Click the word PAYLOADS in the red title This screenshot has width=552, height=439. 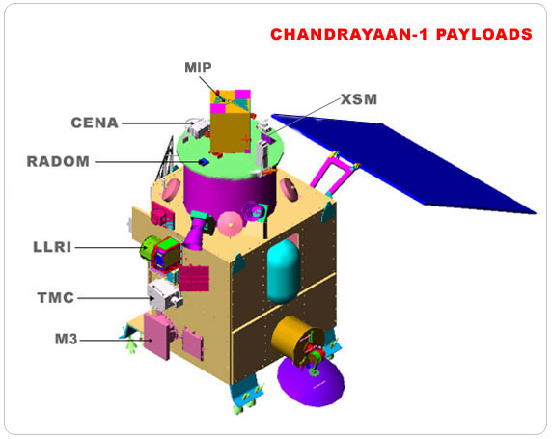click(484, 34)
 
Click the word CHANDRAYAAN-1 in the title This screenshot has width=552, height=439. click(350, 34)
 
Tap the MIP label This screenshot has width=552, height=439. click(198, 68)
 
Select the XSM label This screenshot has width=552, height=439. click(359, 99)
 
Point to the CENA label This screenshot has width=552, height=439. click(95, 123)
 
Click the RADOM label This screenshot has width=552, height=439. click(58, 161)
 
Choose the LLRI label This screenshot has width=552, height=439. click(52, 247)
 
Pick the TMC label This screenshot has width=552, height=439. click(56, 298)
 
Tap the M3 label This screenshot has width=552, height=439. click(67, 340)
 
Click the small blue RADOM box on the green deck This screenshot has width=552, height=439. click(204, 161)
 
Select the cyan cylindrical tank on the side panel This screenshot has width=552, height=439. click(284, 271)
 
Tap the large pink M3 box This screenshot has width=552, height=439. click(157, 336)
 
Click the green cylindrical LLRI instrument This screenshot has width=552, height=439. click(148, 248)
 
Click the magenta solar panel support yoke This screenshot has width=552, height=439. click(333, 175)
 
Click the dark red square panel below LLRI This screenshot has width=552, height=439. click(194, 279)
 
